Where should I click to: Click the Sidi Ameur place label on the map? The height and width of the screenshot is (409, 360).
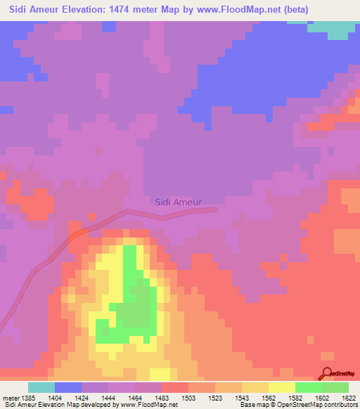(177, 202)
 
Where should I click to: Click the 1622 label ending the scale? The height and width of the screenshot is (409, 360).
(348, 398)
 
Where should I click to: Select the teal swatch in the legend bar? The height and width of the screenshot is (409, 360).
(41, 387)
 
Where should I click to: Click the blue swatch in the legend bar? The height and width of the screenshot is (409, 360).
(68, 387)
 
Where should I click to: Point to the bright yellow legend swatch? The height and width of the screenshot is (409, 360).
(281, 387)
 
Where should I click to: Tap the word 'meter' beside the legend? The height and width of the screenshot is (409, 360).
(11, 398)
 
